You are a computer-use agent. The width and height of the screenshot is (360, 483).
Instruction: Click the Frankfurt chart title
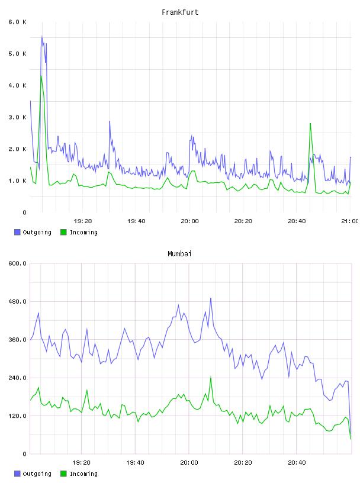(x=180, y=12)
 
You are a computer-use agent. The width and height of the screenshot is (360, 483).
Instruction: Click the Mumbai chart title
(x=179, y=253)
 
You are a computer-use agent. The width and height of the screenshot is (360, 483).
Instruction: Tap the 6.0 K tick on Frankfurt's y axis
(x=18, y=22)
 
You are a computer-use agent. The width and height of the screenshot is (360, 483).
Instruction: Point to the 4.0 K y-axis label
(x=18, y=85)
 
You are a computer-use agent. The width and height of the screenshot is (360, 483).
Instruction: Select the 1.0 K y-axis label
(x=18, y=181)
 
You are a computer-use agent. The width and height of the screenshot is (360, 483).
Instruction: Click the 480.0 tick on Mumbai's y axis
(x=18, y=301)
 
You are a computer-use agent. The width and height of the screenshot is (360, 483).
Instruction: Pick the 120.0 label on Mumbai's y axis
(x=18, y=416)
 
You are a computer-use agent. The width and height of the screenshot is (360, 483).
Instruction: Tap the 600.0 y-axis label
(x=18, y=263)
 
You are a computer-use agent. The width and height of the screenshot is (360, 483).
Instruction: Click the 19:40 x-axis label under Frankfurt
(x=136, y=221)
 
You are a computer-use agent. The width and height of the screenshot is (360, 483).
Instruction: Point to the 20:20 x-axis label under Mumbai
(x=243, y=462)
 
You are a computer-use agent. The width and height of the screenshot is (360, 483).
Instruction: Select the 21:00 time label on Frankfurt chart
(x=350, y=221)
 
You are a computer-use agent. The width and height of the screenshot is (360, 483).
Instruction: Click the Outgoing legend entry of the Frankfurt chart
(x=33, y=232)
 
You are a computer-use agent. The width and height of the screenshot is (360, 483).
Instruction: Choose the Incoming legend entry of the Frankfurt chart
(x=79, y=232)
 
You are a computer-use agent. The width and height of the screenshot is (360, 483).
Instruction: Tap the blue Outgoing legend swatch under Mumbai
(x=17, y=474)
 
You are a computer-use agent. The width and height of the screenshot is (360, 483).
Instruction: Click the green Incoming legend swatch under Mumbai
(x=63, y=474)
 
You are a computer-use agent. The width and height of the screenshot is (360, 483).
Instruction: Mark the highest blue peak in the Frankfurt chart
(x=42, y=36)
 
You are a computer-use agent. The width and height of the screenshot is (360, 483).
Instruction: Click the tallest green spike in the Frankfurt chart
(x=41, y=76)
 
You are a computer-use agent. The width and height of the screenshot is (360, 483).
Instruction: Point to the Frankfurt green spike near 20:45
(x=310, y=124)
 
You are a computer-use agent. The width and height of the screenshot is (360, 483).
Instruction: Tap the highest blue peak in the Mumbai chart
(x=211, y=298)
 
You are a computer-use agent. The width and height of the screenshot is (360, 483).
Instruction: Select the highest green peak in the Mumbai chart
(x=211, y=377)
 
